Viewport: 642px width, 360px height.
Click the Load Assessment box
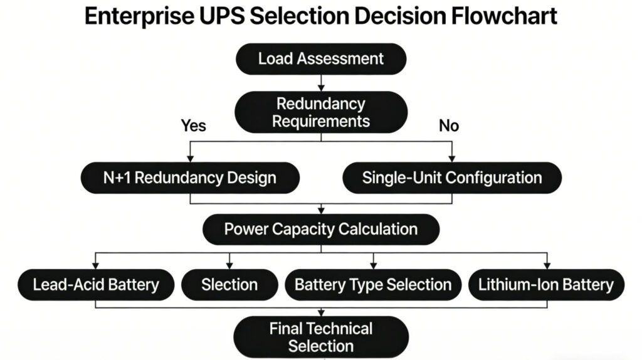point(320,59)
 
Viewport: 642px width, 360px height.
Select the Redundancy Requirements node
point(320,112)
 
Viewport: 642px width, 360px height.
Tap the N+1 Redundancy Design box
point(189,177)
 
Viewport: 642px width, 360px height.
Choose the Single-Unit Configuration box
point(451,177)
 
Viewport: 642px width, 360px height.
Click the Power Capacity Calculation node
point(320,229)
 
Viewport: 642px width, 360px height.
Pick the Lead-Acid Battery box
point(95,285)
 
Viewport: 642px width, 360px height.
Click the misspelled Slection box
point(229,285)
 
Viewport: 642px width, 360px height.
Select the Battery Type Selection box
point(373,285)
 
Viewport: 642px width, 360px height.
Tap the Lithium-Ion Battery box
point(545,285)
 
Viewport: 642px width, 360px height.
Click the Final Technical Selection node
point(320,337)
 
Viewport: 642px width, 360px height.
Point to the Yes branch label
point(193,125)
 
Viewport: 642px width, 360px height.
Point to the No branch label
point(448,125)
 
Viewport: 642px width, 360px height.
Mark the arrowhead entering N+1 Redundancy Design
point(189,159)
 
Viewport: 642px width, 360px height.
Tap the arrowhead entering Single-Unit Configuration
point(451,159)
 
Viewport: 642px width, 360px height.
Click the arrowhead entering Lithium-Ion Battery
point(545,265)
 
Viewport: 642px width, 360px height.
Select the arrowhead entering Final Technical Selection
point(320,312)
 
